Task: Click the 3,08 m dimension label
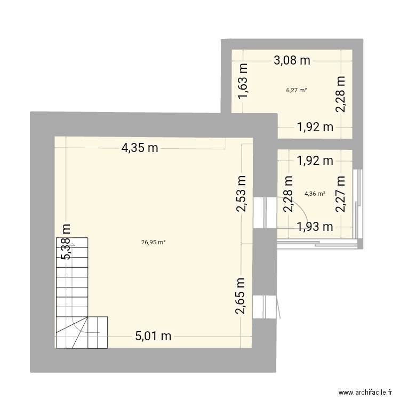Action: pyautogui.click(x=292, y=60)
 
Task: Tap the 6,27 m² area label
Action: pyautogui.click(x=296, y=90)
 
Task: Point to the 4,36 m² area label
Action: pyautogui.click(x=315, y=194)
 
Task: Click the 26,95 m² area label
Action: pyautogui.click(x=154, y=242)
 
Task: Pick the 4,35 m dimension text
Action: pyautogui.click(x=140, y=149)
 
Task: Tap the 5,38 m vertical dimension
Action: pyautogui.click(x=66, y=242)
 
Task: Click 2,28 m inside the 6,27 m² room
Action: pyautogui.click(x=341, y=94)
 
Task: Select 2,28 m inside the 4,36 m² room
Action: pyautogui.click(x=289, y=194)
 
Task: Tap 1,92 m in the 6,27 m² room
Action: pyautogui.click(x=315, y=127)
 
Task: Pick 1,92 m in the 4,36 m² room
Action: pyautogui.click(x=315, y=159)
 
